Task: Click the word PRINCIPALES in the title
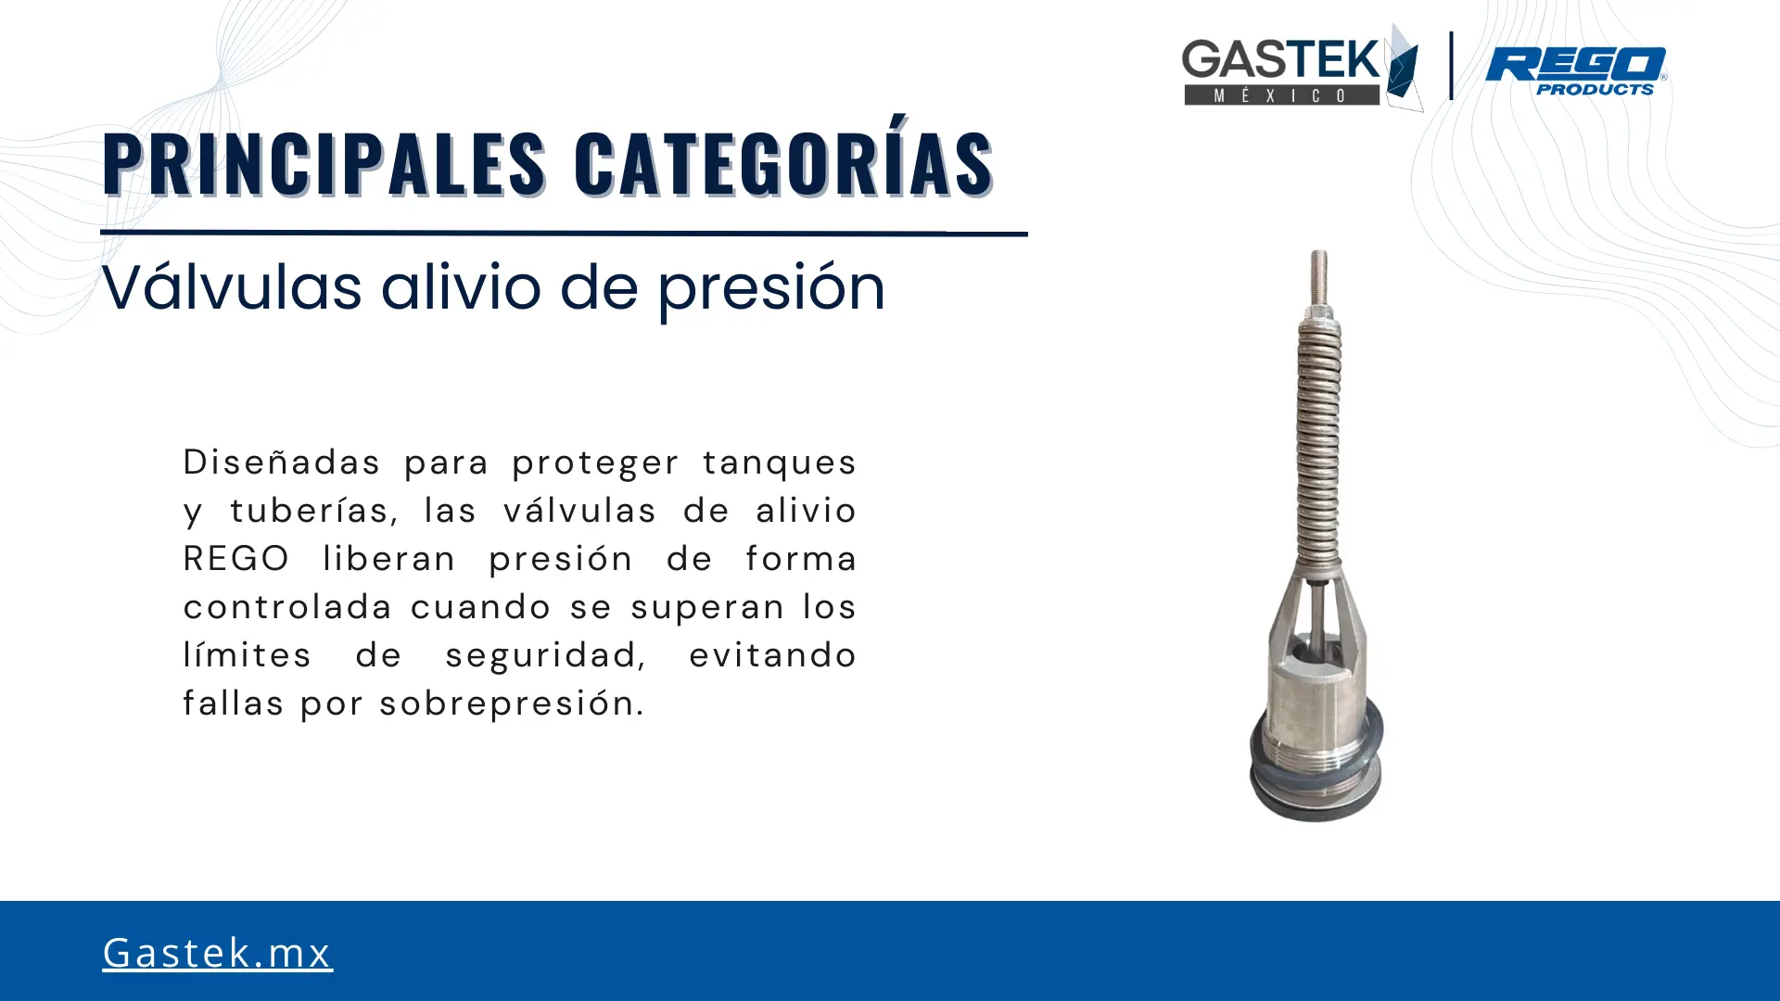coord(324,164)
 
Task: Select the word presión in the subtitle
coord(772,288)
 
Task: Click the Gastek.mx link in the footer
coord(217,952)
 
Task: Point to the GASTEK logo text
coord(1281,60)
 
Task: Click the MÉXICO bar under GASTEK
coord(1281,95)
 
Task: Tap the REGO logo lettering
coord(1576,65)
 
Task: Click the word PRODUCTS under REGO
coord(1596,89)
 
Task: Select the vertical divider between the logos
coord(1451,65)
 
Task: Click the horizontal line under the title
coord(564,233)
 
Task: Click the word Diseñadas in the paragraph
coord(282,462)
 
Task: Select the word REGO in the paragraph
coord(236,559)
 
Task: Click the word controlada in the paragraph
coord(288,607)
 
